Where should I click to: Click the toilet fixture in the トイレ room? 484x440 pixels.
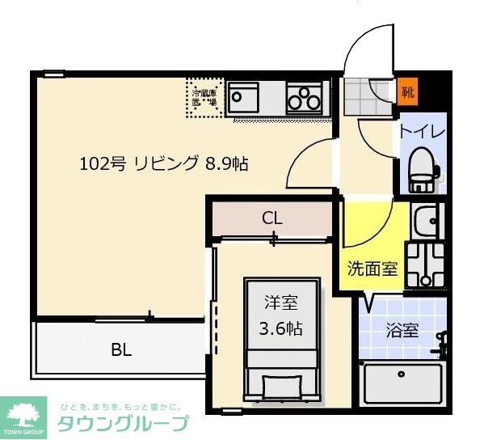(x=421, y=168)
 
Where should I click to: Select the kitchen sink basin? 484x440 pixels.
(x=244, y=99)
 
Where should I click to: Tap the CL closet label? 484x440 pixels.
(x=272, y=218)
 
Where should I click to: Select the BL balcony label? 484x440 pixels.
(x=122, y=350)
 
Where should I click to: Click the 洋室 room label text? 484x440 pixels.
(x=282, y=303)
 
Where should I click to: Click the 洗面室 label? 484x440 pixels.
(x=372, y=269)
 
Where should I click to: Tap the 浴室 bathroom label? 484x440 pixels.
(x=402, y=330)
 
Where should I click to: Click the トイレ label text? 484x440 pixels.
(x=420, y=129)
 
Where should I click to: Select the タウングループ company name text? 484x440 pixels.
(x=123, y=423)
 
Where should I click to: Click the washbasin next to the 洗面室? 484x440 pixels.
(x=424, y=218)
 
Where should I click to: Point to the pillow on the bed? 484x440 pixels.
(x=282, y=383)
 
